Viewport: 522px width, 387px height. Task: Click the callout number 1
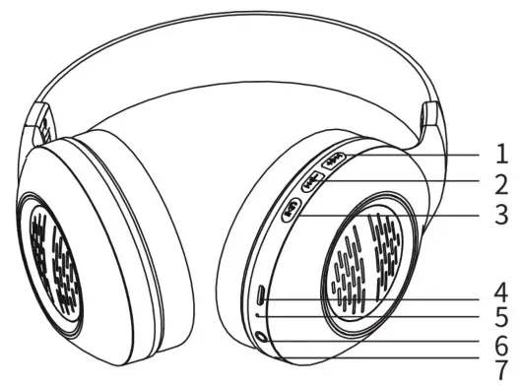coord(501,156)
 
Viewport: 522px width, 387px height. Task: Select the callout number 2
coord(501,183)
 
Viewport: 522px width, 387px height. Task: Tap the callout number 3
coord(501,212)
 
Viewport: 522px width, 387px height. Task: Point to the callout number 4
coord(501,292)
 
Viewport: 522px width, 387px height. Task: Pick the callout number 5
coord(501,318)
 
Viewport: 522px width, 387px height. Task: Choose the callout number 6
coord(501,345)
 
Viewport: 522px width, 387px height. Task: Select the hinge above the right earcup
coord(429,122)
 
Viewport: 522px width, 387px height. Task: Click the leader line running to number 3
coord(394,212)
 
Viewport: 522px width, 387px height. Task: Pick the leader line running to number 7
coord(394,366)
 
